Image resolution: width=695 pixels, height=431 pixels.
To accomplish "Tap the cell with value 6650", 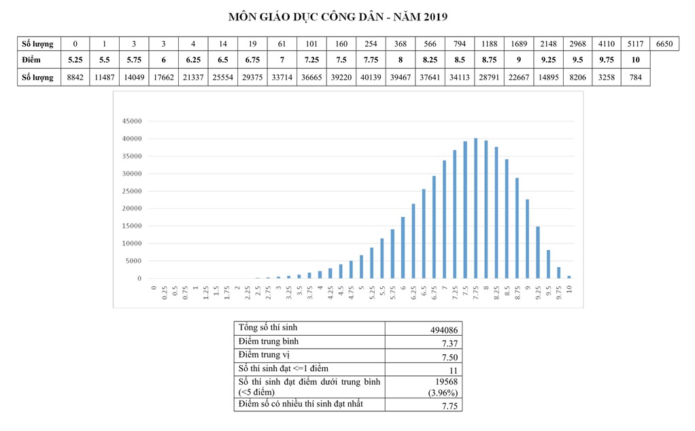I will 664,44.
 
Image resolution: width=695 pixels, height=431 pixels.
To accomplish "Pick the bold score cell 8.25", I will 430,61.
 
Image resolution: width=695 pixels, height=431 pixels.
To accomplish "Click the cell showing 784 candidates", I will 636,77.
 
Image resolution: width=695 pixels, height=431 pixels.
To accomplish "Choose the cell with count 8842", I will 75,77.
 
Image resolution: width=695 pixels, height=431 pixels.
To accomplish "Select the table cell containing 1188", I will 489,44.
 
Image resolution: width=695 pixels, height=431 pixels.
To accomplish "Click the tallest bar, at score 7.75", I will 475,208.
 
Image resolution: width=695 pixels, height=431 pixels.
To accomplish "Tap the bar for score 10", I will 569,277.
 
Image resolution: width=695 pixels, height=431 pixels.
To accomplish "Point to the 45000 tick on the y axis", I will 131,121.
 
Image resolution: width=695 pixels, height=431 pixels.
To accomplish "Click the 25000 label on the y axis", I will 131,191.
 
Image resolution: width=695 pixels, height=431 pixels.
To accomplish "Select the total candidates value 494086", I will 443,330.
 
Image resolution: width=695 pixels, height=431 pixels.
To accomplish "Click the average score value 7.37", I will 450,343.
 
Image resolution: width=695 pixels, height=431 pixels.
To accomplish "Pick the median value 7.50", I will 450,357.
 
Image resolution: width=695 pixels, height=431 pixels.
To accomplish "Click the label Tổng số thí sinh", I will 268,328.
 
